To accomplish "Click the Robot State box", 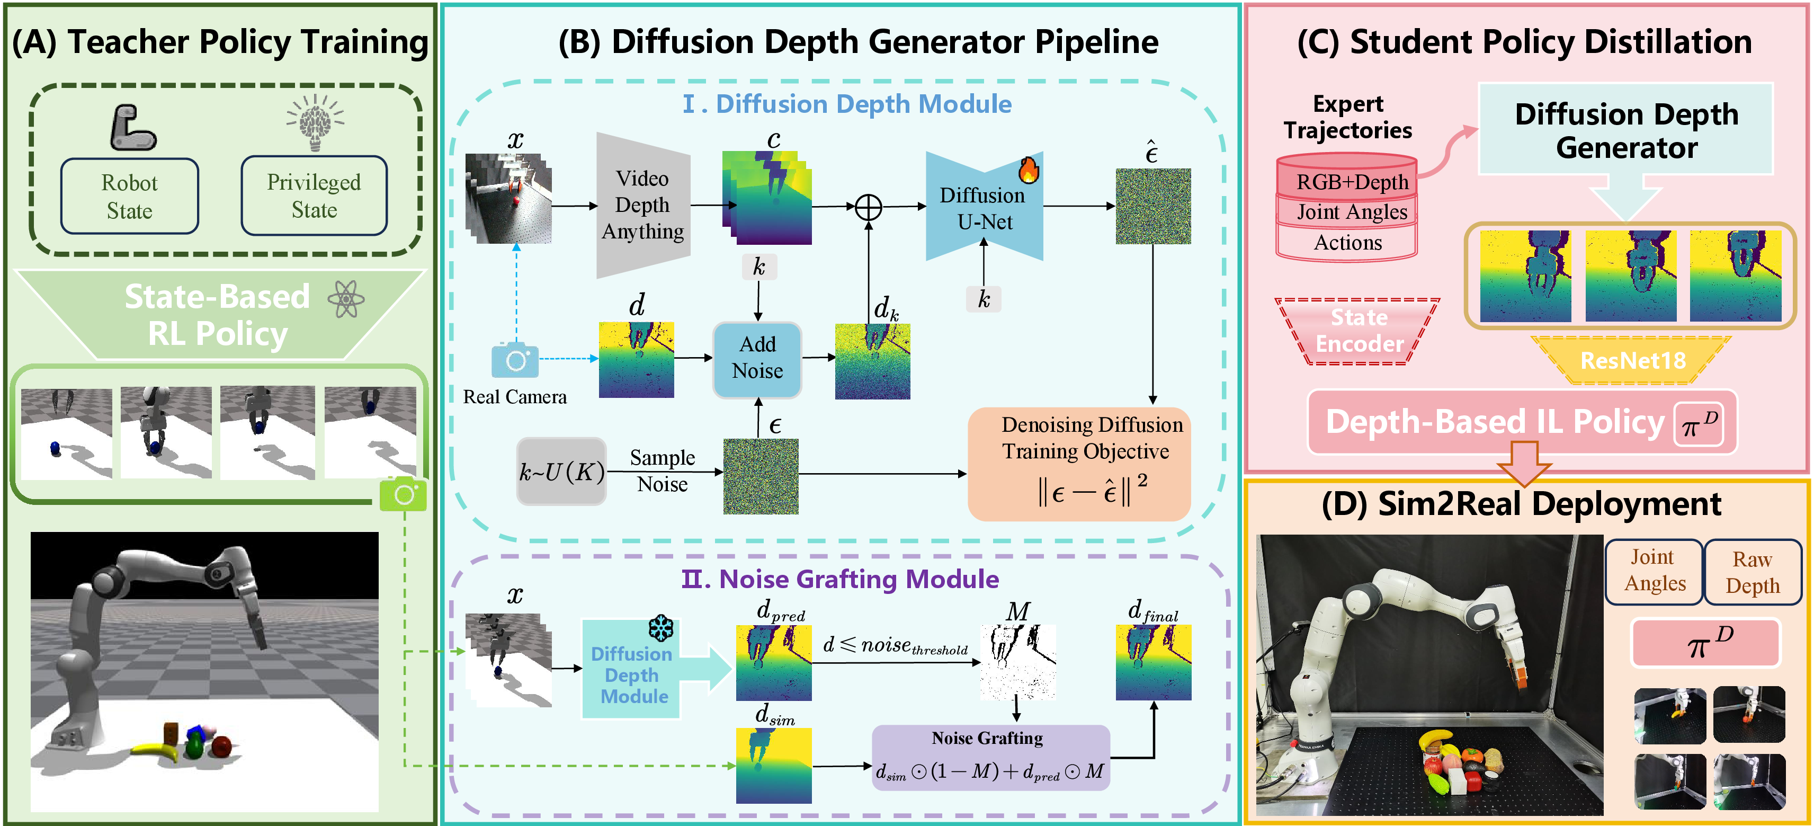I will point(130,197).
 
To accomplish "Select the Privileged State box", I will point(314,196).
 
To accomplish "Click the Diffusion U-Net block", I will point(983,208).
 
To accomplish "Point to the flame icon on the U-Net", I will point(1029,170).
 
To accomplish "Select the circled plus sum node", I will point(868,207).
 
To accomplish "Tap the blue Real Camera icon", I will point(515,360).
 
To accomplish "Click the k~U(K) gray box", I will point(561,471).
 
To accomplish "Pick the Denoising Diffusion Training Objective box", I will point(1079,464).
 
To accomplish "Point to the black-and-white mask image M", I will point(1017,661).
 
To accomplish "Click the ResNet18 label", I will point(1632,360).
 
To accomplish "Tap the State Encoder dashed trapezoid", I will point(1359,331).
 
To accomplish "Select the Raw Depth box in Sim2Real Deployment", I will point(1752,572).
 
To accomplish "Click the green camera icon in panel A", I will point(404,494).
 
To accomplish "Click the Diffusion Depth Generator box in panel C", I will point(1625,130).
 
